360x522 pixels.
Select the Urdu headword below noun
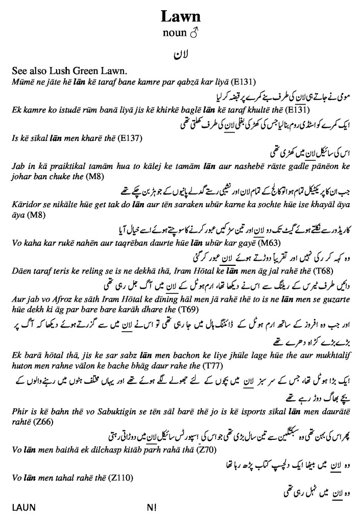(180, 55)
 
